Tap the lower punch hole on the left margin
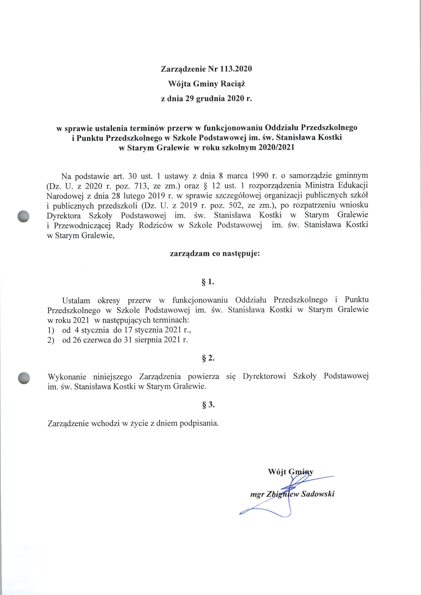(24, 378)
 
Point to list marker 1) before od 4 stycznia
(51, 330)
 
